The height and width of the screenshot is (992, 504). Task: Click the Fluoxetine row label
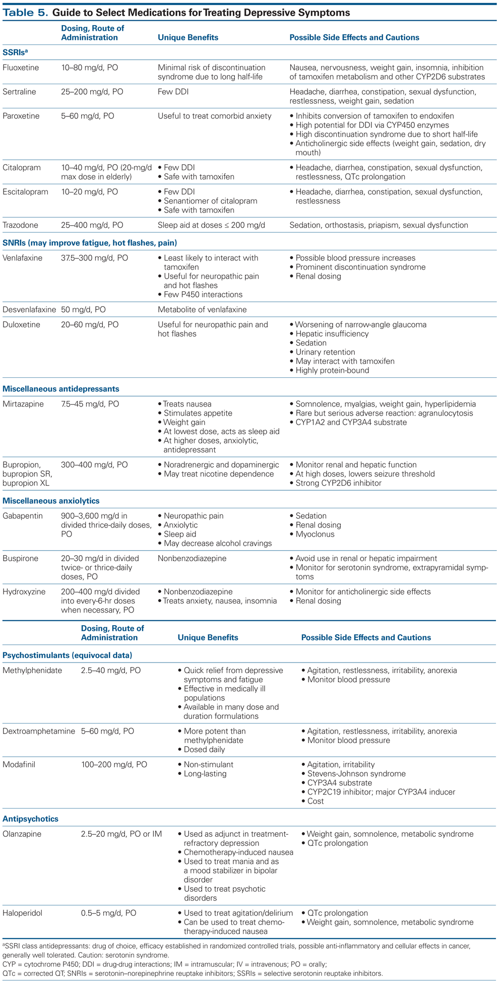pos(21,68)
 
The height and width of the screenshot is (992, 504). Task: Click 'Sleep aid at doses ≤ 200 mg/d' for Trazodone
pos(211,225)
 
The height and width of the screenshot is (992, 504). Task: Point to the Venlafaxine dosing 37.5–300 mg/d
pos(94,258)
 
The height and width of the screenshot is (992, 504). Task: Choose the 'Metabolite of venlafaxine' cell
pos(202,309)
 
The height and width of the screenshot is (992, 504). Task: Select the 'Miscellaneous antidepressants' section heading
pos(61,389)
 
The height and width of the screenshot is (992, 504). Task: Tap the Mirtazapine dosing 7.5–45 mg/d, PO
pos(90,404)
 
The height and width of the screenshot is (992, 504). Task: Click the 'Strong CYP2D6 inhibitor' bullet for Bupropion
pos(338,483)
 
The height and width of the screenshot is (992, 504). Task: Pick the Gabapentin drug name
pos(23,516)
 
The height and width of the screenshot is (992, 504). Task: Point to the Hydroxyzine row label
pos(24,591)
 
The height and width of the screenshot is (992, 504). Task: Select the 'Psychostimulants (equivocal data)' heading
pos(68,655)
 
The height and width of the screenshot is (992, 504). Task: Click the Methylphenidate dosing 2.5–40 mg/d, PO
pos(111,671)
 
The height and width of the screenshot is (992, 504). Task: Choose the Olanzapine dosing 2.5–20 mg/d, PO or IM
pos(121,834)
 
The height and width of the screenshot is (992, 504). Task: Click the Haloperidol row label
pos(23,913)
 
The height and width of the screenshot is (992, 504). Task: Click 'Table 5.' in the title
pos(25,13)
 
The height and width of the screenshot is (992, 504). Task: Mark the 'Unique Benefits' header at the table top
pos(188,37)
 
